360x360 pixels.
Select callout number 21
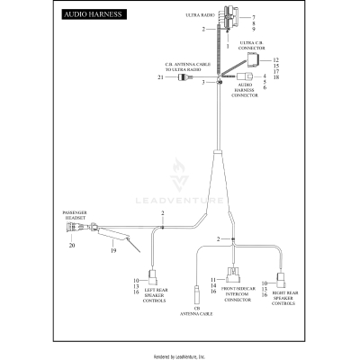pos(159,78)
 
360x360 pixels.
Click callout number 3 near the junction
pos(204,82)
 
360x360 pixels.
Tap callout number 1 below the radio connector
pos(214,44)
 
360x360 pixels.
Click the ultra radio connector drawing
pos(217,18)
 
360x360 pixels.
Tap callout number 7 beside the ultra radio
pos(254,17)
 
